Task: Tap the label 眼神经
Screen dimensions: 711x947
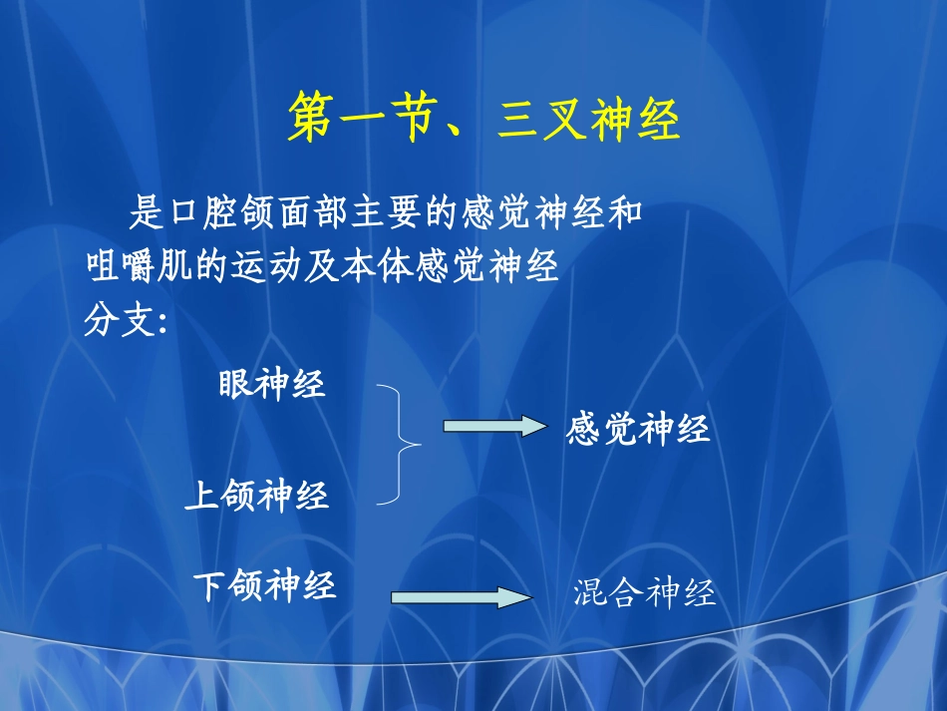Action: pos(272,384)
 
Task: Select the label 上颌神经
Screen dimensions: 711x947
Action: pos(256,496)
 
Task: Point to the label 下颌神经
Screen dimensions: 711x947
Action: pos(264,585)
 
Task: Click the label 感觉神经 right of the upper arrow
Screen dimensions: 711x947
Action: pos(638,430)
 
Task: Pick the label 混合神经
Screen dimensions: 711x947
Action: pos(645,594)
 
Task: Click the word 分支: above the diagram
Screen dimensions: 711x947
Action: pos(124,321)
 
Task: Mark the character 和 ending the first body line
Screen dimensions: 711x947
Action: pos(624,213)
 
